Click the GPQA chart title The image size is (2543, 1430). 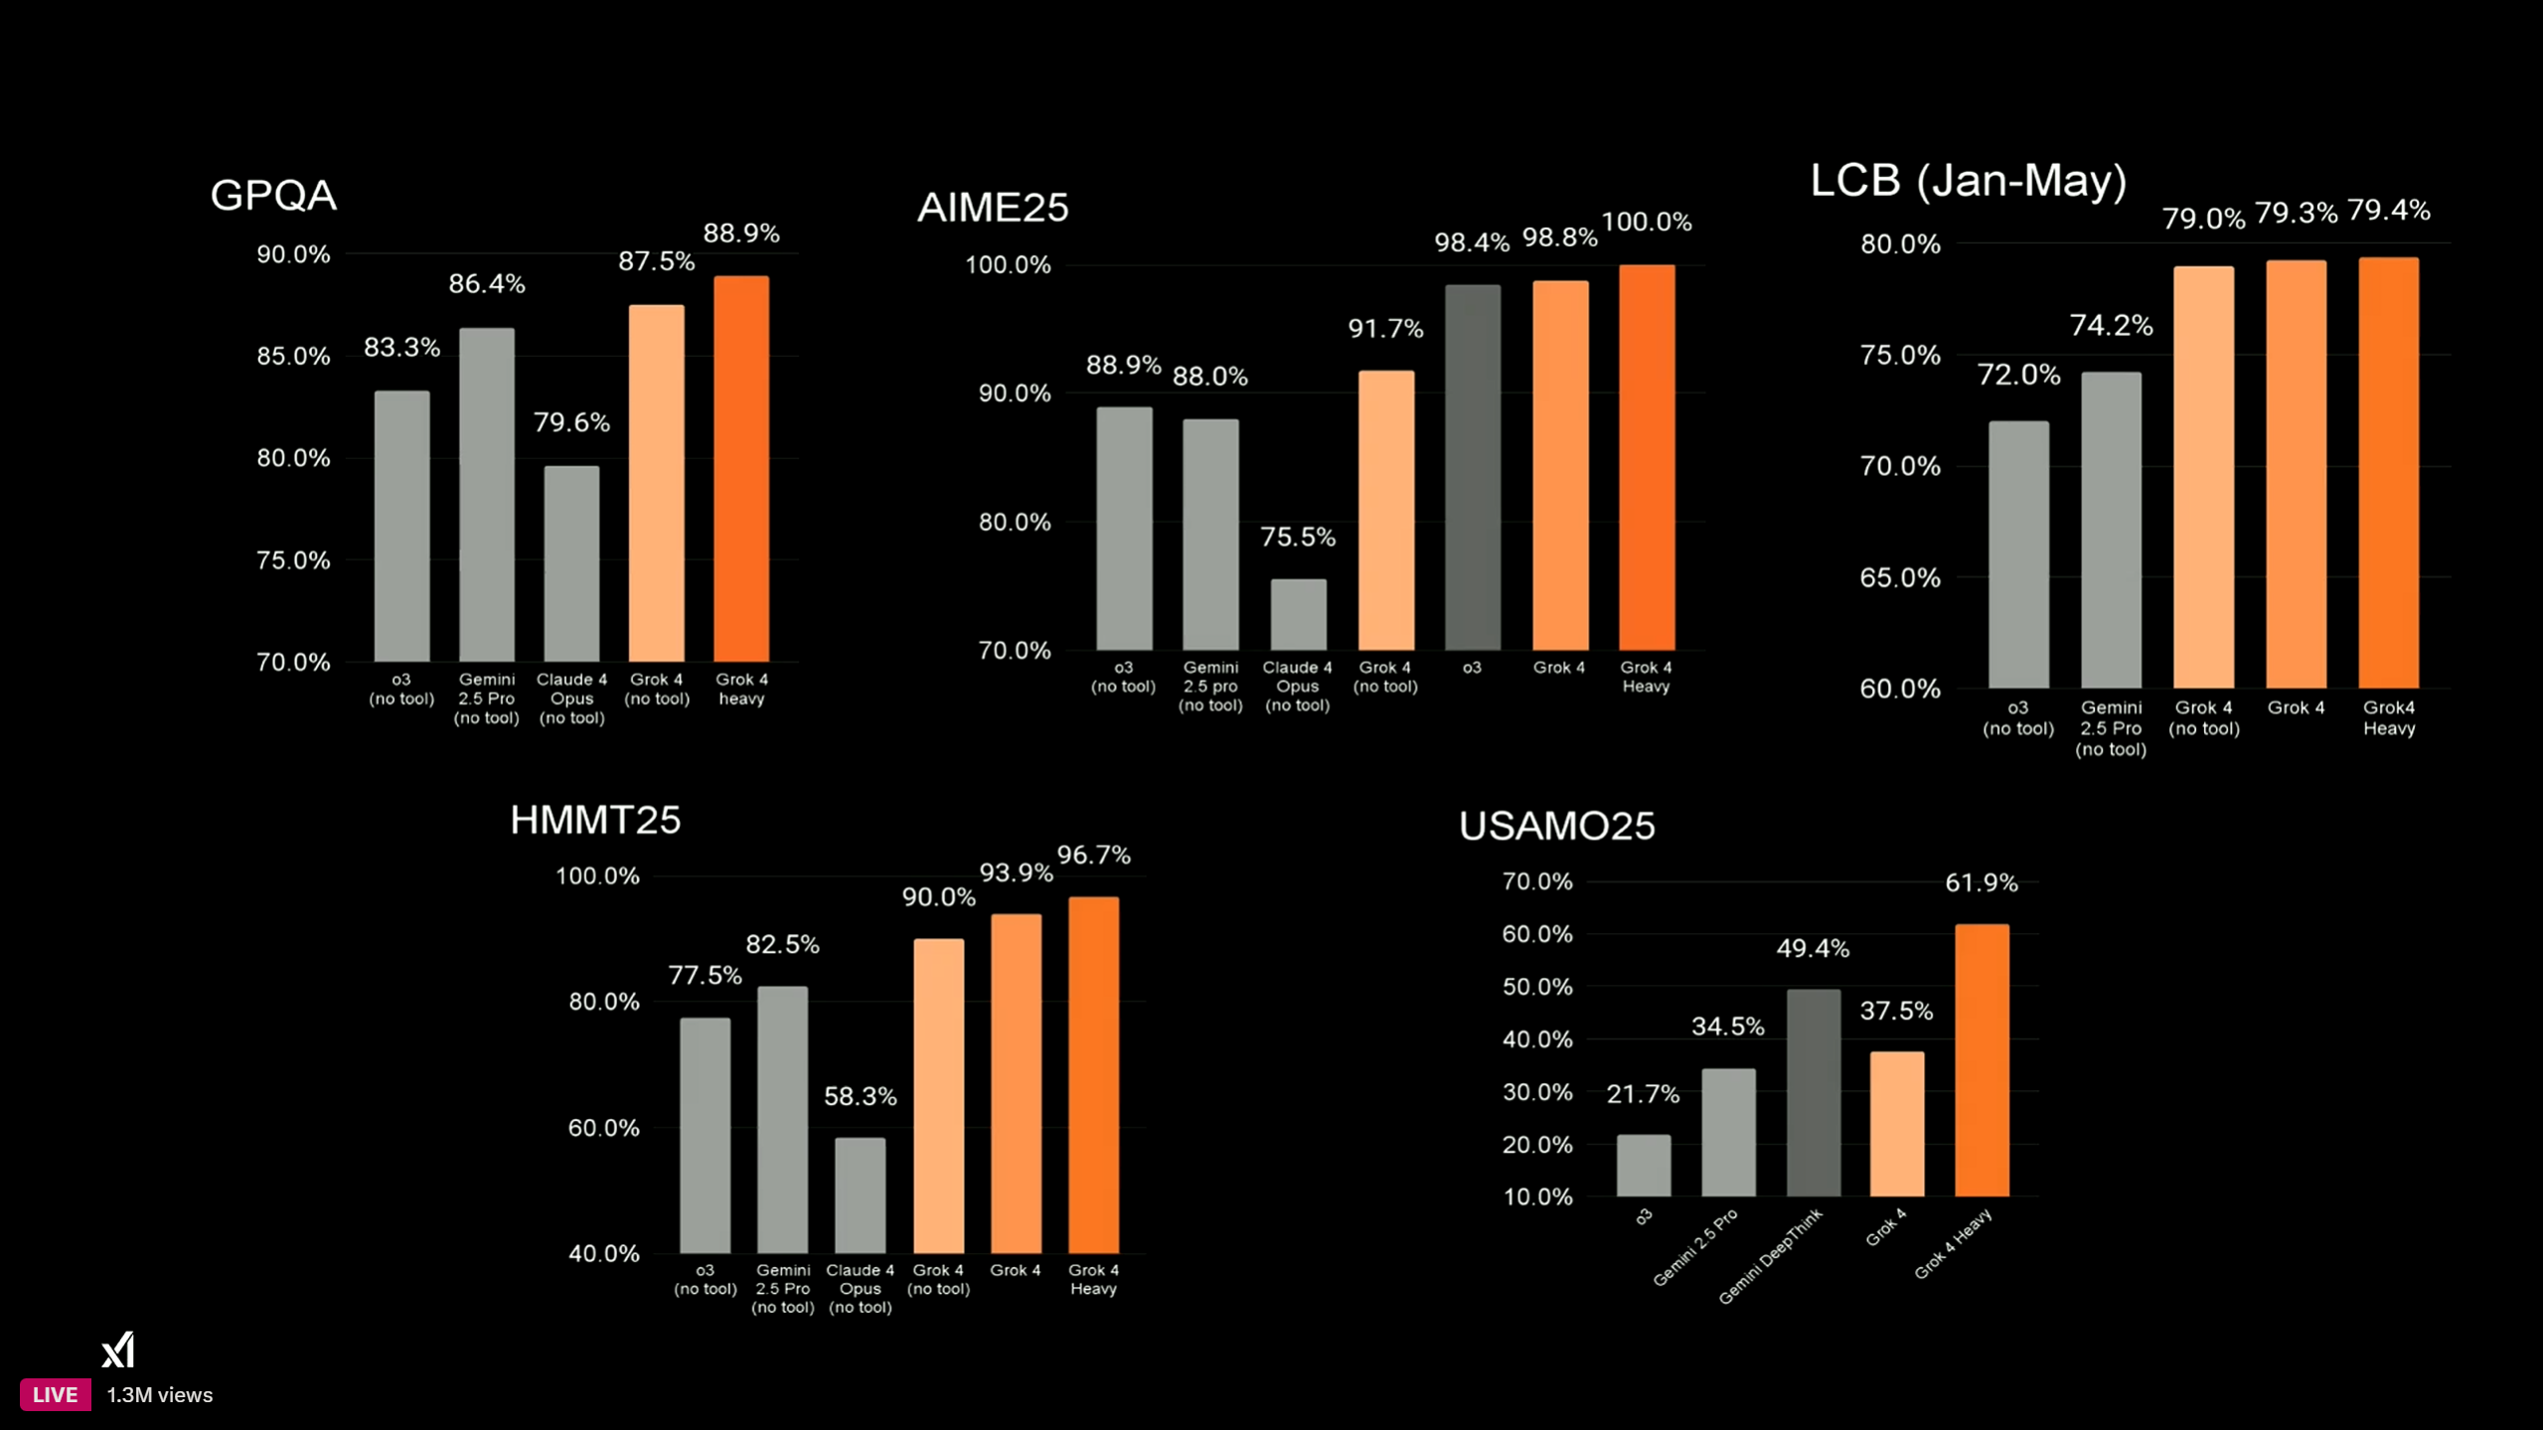point(273,195)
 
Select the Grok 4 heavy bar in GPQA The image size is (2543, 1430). point(741,468)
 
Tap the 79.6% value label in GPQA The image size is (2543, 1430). point(571,422)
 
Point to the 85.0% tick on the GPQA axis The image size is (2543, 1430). point(293,356)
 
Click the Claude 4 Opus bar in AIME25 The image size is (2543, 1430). point(1298,614)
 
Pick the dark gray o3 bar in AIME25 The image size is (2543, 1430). point(1472,467)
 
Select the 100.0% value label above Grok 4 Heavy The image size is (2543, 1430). point(1647,222)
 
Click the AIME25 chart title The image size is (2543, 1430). point(993,208)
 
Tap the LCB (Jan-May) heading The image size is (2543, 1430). point(1968,181)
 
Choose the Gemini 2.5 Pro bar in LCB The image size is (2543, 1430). point(2111,530)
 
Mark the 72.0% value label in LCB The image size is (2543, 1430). point(2018,375)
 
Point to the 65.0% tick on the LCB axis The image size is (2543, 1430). point(1899,577)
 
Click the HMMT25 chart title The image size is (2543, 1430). point(595,820)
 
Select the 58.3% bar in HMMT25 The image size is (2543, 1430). point(860,1194)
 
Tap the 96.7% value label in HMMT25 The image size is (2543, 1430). point(1093,855)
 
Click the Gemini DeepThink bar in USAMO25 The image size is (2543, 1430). point(1813,1092)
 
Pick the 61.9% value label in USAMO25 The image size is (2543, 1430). point(1981,882)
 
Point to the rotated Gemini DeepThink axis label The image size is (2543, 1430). point(1771,1256)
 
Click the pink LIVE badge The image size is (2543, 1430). point(55,1394)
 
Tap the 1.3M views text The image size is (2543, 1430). point(160,1395)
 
